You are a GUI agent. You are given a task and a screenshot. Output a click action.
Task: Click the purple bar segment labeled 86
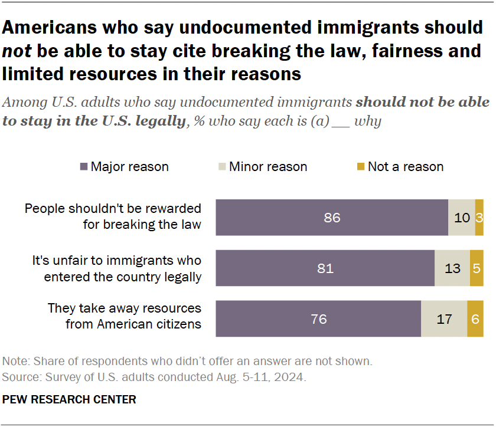[332, 218]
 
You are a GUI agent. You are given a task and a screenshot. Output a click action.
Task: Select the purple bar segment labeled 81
[325, 268]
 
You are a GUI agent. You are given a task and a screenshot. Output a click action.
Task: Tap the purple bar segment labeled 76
[318, 319]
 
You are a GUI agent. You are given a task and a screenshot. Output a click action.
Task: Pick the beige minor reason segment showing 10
[462, 218]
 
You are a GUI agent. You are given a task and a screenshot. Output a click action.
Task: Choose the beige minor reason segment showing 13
[452, 268]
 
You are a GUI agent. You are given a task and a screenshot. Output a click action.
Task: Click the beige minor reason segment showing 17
[444, 319]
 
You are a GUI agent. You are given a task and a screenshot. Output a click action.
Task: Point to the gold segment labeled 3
[479, 218]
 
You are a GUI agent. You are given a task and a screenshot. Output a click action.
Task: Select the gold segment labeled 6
[475, 319]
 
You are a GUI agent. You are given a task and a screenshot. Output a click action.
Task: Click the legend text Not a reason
[406, 167]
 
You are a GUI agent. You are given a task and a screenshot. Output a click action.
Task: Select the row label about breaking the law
[113, 216]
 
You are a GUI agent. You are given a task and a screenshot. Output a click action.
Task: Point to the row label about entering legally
[117, 268]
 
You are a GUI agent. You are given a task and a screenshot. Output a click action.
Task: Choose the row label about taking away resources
[125, 316]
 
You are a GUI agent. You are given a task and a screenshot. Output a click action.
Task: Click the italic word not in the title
[17, 51]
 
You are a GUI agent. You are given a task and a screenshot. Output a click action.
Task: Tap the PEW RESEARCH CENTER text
[70, 400]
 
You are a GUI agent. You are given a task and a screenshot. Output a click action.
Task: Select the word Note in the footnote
[14, 361]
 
